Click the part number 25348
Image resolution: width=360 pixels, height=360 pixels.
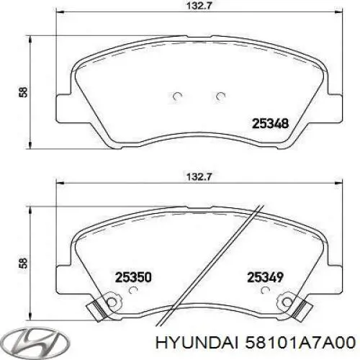269,123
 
